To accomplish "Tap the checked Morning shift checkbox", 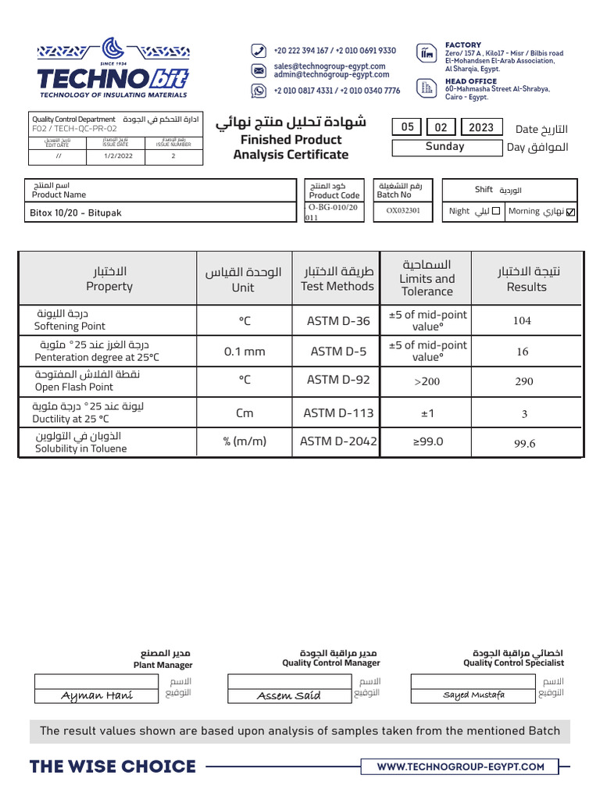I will pos(570,212).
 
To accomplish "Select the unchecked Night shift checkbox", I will pos(496,211).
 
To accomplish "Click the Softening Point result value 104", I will pos(522,320).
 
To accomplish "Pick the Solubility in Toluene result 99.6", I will pos(524,444).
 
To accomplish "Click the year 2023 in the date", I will pos(481,127).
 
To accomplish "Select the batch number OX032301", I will pos(402,210).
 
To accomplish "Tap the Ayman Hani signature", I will pos(97,696).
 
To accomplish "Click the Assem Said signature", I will pos(288,696).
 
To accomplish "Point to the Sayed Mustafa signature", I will pos(473,695).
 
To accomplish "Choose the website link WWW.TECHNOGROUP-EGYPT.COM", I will pos(460,766).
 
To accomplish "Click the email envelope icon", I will pos(259,70).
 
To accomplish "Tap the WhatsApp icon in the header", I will pos(259,91).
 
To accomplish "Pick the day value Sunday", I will pos(445,147).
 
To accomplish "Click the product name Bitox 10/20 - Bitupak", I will pos(77,212).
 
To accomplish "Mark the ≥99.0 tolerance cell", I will pos(427,441).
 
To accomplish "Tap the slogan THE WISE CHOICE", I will pos(112,766).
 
